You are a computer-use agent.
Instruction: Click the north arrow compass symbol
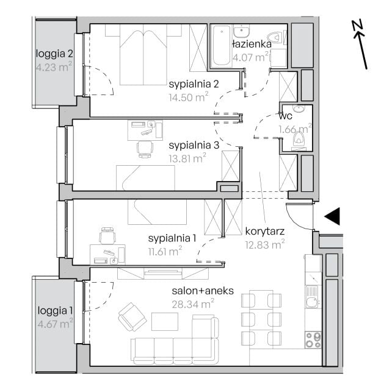point(360,44)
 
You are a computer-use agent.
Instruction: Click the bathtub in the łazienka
point(221,46)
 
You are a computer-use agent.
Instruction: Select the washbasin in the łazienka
point(241,31)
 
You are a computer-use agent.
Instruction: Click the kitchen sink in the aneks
point(313,297)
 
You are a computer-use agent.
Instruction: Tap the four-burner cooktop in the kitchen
point(313,340)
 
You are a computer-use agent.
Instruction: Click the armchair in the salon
point(132,317)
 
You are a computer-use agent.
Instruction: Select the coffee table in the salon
point(165,322)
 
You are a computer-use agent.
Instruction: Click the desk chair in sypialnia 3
point(145,149)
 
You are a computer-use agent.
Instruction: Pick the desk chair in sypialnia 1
point(107,235)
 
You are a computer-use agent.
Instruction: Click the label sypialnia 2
point(194,84)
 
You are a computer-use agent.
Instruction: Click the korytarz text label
point(264,232)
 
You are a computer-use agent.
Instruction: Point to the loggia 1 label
point(55,310)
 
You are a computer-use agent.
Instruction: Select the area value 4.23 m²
point(54,67)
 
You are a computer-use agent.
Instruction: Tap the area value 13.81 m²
point(187,158)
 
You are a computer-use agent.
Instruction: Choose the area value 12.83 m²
point(265,244)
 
